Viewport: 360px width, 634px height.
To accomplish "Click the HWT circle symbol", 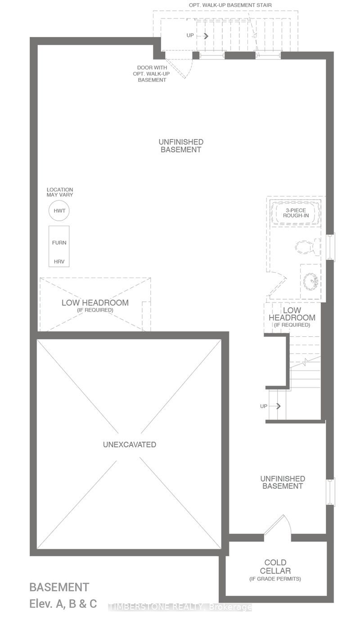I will click(59, 211).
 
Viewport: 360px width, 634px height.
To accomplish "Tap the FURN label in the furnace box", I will click(59, 242).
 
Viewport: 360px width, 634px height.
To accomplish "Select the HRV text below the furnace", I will click(59, 261).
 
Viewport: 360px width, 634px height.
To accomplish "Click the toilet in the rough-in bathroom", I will click(307, 247).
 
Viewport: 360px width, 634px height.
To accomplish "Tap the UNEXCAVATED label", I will click(130, 444).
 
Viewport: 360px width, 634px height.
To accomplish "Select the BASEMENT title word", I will click(59, 587).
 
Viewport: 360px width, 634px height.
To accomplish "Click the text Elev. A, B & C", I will click(63, 603).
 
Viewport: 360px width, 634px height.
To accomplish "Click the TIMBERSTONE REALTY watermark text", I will click(180, 607).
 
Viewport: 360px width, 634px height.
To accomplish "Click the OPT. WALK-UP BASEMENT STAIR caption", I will click(230, 5).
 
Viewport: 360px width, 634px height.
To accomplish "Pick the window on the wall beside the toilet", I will click(331, 246).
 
